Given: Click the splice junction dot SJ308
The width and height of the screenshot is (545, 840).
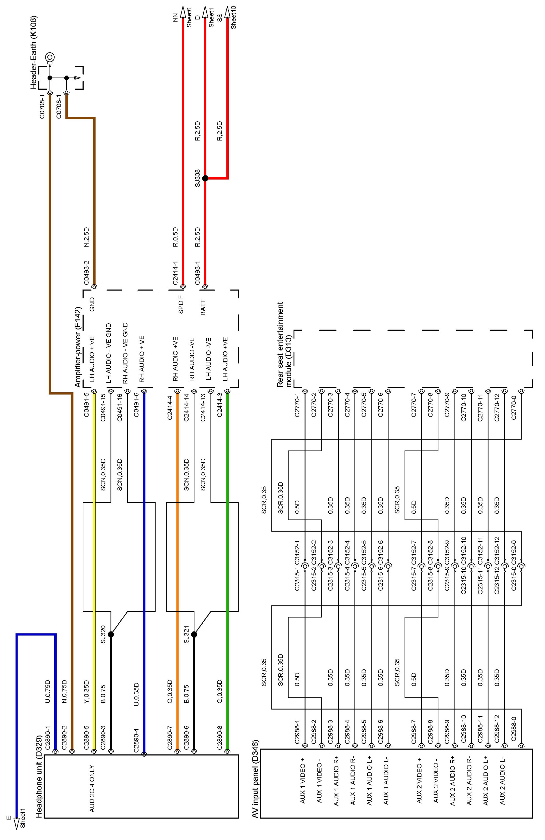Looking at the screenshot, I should pos(205,178).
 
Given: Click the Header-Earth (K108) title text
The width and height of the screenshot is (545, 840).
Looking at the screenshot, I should pos(34,52).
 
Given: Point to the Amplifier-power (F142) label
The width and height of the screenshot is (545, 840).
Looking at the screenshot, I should pos(78,347).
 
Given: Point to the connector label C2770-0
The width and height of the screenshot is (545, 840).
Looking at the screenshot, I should pos(514,407).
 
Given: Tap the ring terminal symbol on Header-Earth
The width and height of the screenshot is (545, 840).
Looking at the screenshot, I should pos(50,57).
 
